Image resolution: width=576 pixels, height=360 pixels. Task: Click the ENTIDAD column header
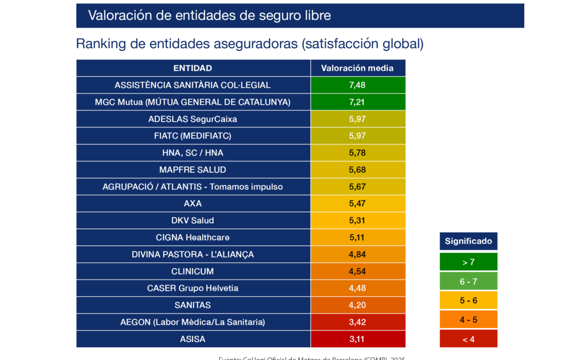(193, 68)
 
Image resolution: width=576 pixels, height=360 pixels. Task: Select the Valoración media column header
(357, 68)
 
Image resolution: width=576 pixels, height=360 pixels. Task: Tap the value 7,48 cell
(357, 85)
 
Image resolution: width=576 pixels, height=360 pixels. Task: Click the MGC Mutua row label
(193, 102)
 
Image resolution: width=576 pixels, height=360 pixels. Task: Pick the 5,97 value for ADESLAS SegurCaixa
(357, 119)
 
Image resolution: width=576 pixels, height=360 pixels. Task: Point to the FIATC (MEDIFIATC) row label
(193, 136)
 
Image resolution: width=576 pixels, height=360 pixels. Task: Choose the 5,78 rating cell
(357, 153)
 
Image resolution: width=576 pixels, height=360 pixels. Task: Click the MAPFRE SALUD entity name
(193, 170)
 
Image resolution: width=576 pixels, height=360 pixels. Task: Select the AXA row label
(193, 203)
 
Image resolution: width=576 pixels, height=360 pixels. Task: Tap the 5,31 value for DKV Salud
(357, 220)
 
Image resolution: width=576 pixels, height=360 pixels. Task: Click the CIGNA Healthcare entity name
(193, 237)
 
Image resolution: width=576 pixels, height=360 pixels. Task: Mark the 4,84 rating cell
(357, 254)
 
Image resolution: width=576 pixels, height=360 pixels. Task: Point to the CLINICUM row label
(193, 271)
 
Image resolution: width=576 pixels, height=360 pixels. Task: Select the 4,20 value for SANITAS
(357, 305)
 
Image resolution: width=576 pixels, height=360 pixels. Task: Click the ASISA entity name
(193, 339)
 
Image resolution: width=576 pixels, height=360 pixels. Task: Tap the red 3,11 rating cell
(357, 339)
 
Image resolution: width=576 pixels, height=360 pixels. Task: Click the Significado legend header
(468, 241)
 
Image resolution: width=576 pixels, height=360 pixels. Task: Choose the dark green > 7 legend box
(468, 262)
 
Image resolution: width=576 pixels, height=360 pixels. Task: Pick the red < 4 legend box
(468, 339)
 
